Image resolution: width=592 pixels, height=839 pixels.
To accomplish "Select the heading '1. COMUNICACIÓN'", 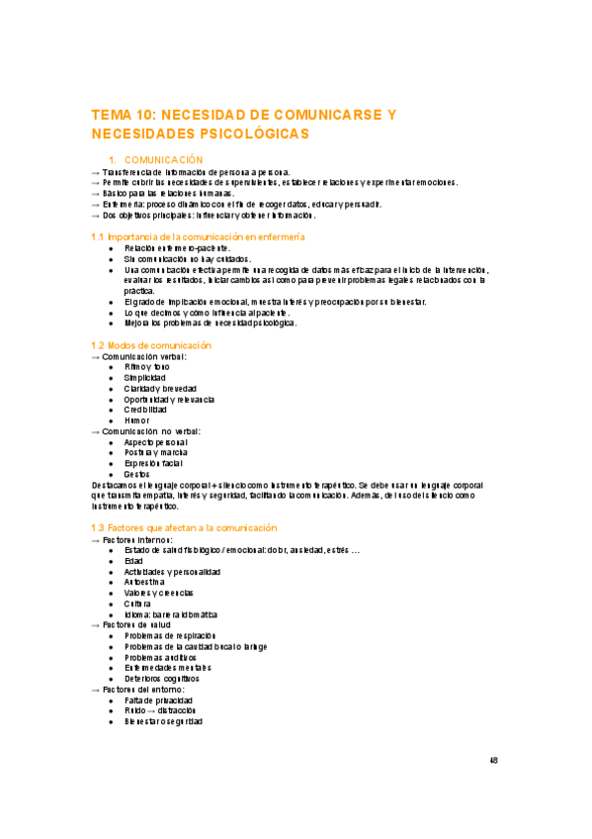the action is tap(155, 159).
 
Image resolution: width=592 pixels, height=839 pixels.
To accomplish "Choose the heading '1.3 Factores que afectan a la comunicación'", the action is tap(183, 528).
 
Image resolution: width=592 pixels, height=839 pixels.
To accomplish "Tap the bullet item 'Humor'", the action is tap(137, 420).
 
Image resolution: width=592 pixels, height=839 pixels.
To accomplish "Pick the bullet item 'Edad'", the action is tap(133, 561).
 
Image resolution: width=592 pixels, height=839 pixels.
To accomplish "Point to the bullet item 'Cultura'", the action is tap(138, 604).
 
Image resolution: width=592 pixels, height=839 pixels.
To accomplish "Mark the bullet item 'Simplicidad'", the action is tap(145, 377).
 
